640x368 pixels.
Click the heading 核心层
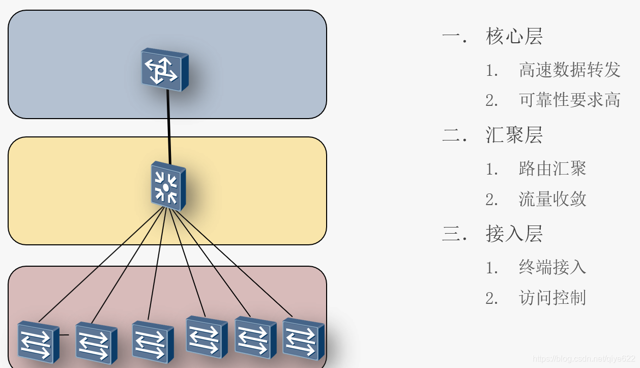click(x=514, y=36)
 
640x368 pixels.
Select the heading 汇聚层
click(x=514, y=135)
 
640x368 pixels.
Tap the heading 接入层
click(x=514, y=234)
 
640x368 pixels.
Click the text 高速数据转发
click(x=570, y=70)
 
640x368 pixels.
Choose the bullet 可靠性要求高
click(x=570, y=100)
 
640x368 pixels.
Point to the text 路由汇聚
click(x=552, y=168)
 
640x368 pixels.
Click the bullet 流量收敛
click(x=552, y=199)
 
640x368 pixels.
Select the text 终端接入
click(x=552, y=267)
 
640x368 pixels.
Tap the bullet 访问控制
click(x=552, y=298)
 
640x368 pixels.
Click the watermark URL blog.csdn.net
click(x=584, y=359)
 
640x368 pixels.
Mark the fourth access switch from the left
click(x=206, y=336)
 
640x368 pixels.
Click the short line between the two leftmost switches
click(x=64, y=335)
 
